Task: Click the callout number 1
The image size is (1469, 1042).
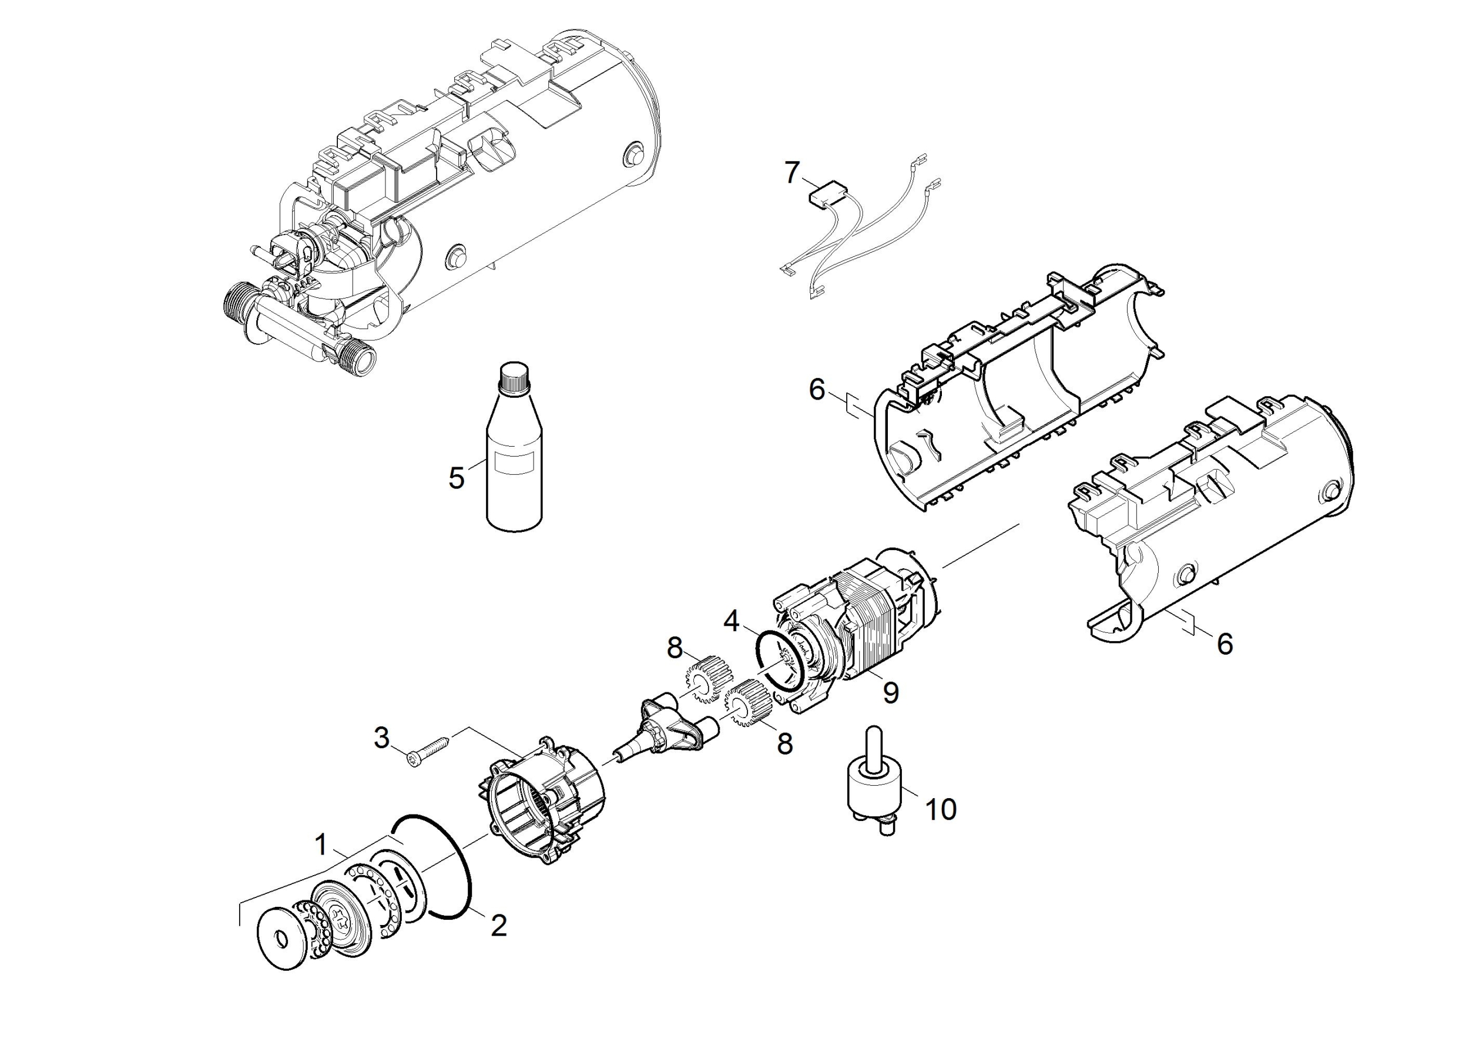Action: (x=321, y=844)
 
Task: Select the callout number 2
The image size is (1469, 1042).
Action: (x=498, y=924)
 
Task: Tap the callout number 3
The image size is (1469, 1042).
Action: (x=382, y=738)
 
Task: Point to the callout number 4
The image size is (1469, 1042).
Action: (x=732, y=621)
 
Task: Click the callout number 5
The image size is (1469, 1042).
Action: (x=456, y=478)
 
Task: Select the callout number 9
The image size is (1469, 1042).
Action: (x=890, y=692)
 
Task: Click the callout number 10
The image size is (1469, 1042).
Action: (x=940, y=810)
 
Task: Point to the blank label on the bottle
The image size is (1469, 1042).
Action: (x=517, y=463)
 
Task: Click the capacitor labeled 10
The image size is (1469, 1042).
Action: (x=874, y=790)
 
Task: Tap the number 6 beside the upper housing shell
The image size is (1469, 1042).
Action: (x=817, y=390)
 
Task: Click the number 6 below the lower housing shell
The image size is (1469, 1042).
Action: (x=1225, y=644)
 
